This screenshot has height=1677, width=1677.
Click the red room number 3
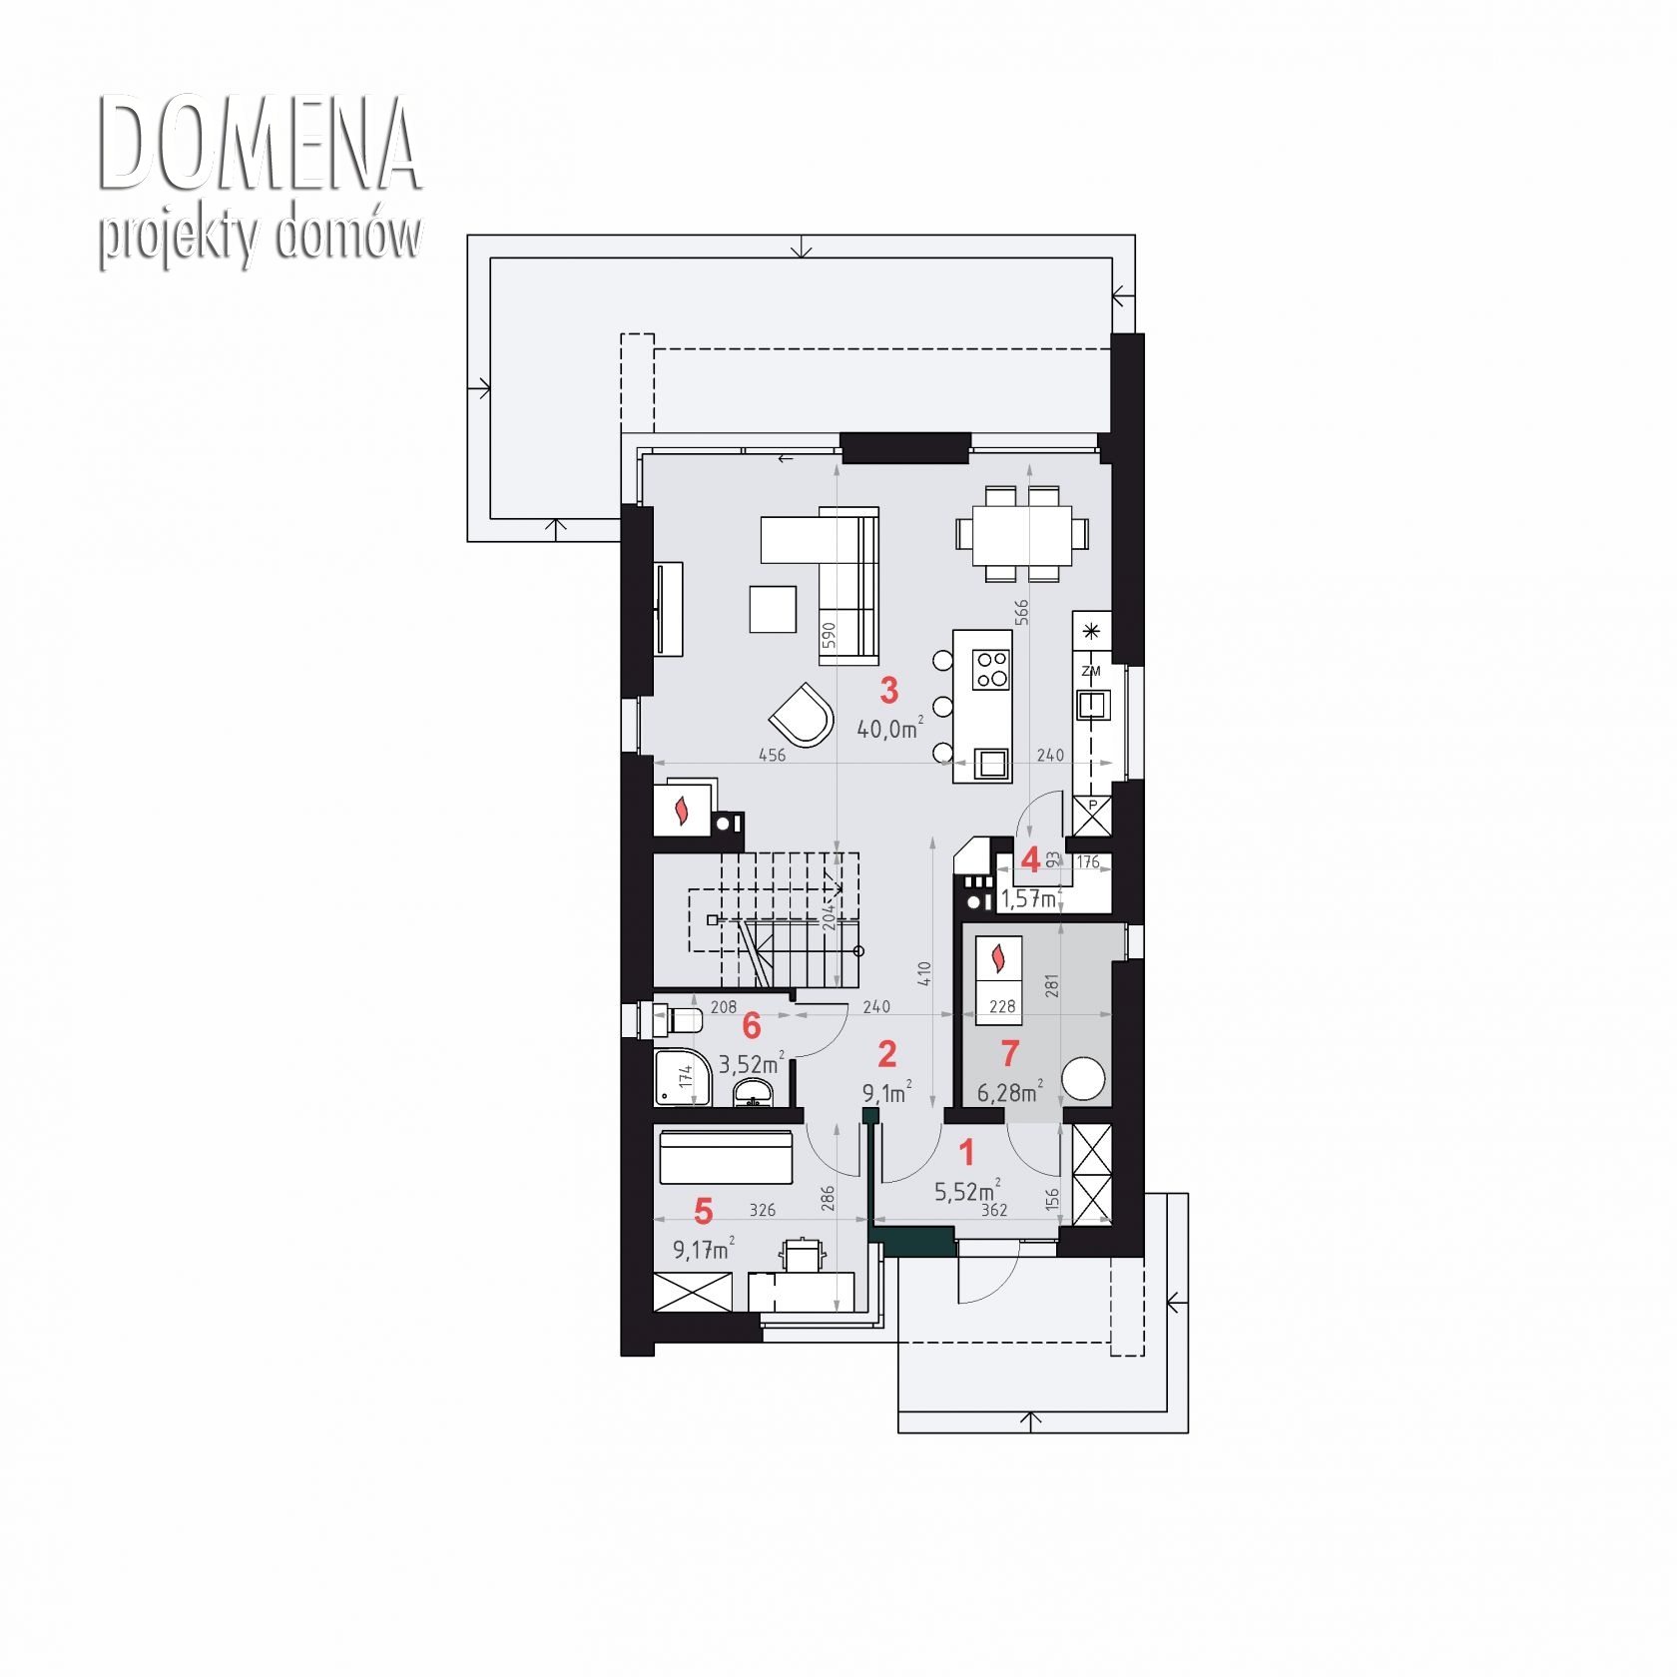(888, 690)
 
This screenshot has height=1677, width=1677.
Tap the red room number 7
(1009, 1053)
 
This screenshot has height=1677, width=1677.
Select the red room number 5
(704, 1212)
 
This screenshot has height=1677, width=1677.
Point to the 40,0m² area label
(889, 728)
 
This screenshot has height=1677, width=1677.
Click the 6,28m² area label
(1010, 1091)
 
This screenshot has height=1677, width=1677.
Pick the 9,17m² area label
(704, 1249)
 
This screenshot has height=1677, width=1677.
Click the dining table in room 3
(1022, 533)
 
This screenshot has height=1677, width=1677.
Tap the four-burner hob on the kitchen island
(991, 669)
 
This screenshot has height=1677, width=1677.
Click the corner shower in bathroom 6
(683, 1077)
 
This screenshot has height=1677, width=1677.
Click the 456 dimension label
(772, 756)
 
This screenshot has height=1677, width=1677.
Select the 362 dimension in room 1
(994, 1210)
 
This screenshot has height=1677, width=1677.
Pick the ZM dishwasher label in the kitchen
(1091, 671)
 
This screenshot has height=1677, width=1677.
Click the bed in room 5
(726, 1157)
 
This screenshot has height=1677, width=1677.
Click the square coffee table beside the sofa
(773, 609)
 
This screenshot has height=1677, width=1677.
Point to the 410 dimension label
(923, 974)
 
